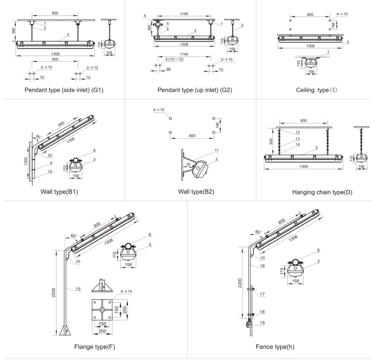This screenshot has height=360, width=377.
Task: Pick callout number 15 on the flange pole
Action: click(77, 289)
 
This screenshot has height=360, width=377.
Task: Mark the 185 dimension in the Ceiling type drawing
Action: click(334, 25)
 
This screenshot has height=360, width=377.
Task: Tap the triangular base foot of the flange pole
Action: click(64, 330)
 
